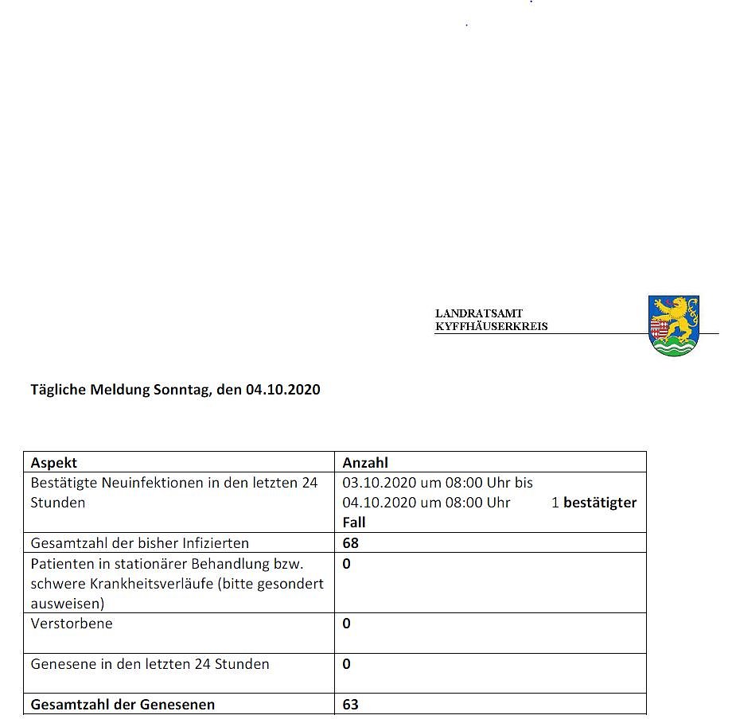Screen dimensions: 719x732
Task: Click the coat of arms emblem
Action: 673,325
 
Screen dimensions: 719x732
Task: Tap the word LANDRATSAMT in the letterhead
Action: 479,314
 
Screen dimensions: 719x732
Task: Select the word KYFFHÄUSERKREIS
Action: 491,326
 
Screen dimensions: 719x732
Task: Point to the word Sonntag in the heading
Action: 181,390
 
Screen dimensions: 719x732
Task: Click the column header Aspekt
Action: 54,462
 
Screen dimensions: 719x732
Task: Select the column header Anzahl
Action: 365,462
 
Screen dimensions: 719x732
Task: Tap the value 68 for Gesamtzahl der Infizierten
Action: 350,543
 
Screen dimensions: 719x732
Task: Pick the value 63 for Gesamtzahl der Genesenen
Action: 350,705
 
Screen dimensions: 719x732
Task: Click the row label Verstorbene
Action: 72,624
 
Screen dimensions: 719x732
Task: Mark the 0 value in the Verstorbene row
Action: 346,624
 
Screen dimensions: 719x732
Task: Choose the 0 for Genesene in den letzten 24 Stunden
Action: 346,664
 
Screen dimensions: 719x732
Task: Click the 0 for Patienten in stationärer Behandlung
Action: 346,564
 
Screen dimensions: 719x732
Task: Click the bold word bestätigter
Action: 600,503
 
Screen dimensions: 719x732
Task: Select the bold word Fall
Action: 354,523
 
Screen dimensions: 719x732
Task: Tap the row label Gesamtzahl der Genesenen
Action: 123,705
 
